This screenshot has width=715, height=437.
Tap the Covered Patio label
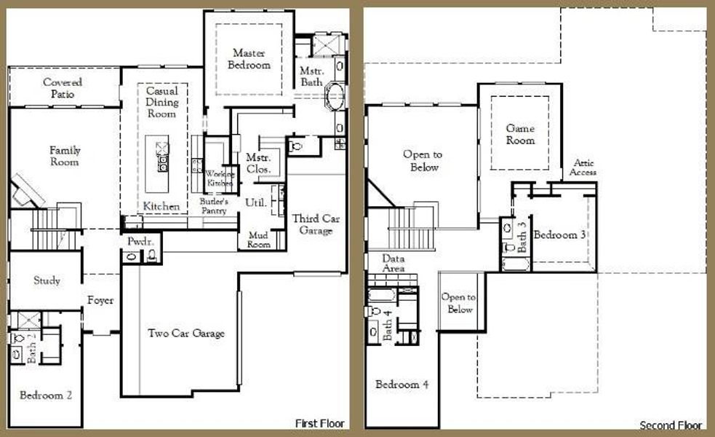[x=62, y=88]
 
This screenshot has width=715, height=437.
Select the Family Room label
[x=65, y=156]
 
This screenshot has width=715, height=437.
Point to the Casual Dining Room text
[x=162, y=103]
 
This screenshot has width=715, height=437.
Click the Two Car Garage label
[x=186, y=334]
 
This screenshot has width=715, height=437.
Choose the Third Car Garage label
[x=312, y=224]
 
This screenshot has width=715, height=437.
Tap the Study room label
[x=47, y=280]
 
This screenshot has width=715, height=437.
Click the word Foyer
[x=100, y=300]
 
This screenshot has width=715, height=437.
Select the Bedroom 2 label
[x=45, y=395]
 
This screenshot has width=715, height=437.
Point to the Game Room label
[x=520, y=134]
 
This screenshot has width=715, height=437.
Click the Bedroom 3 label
[x=560, y=235]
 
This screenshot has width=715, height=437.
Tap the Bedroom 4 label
[x=402, y=385]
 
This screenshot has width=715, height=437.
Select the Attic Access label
[x=584, y=168]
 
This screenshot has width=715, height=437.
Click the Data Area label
[x=393, y=264]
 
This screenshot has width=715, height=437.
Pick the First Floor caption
[x=319, y=423]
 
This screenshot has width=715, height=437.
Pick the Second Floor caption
[x=671, y=425]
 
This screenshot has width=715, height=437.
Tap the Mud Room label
[x=259, y=240]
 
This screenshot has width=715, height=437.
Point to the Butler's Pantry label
[x=214, y=205]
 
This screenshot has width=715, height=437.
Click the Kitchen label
[x=161, y=207]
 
